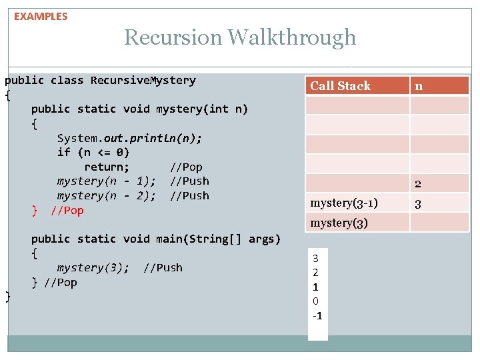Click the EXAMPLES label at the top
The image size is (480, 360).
click(x=41, y=17)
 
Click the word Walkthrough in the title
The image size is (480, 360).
click(x=292, y=37)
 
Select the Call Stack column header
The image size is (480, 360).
click(x=340, y=85)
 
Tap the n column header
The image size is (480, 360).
click(x=419, y=85)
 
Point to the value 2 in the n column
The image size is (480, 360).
click(x=418, y=184)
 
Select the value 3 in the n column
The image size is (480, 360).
click(x=418, y=204)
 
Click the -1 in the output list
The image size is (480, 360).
click(x=317, y=315)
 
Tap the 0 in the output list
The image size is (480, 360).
click(x=316, y=301)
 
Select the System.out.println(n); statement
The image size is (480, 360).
click(x=129, y=138)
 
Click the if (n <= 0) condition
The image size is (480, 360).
click(x=93, y=153)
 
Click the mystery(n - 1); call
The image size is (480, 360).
click(x=107, y=181)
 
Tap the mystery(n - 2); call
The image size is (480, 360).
click(x=107, y=196)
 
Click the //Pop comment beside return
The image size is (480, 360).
click(x=186, y=167)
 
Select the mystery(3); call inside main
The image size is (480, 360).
click(x=93, y=268)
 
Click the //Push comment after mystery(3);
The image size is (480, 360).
click(x=163, y=268)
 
